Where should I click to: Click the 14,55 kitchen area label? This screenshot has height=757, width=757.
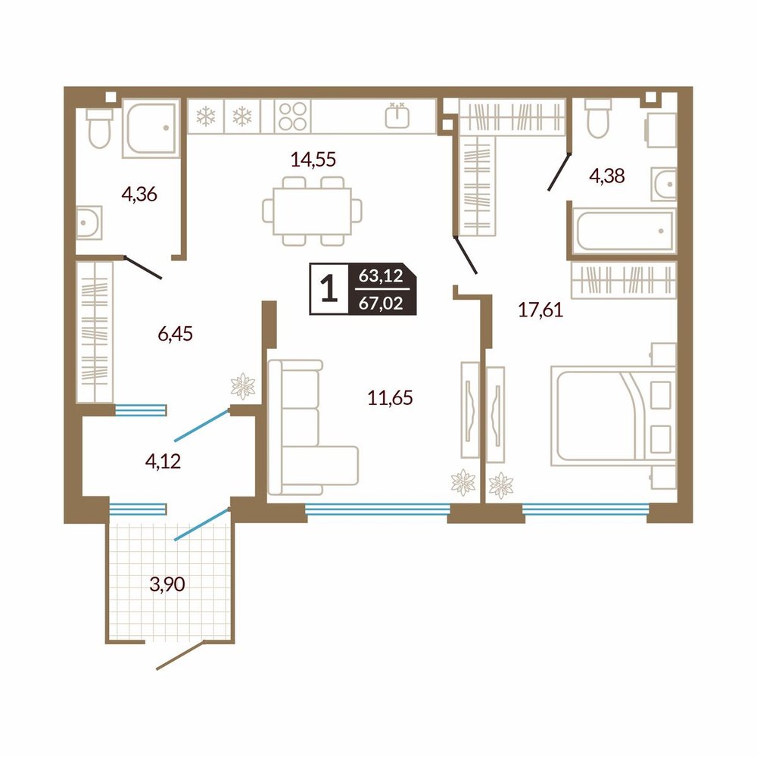point(313,159)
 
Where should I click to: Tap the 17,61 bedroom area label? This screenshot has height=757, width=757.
point(540,310)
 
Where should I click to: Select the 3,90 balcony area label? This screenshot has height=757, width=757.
point(167,584)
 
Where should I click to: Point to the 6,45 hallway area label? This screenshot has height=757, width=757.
point(176,334)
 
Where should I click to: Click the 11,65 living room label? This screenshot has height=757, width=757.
point(390,398)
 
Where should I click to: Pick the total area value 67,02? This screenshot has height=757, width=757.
point(381,304)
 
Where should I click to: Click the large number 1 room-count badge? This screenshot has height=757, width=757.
point(329,288)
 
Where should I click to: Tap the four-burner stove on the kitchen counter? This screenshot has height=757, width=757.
point(292,117)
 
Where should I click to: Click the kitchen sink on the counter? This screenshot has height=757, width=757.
point(397,116)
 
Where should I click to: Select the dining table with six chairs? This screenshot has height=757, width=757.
point(313,211)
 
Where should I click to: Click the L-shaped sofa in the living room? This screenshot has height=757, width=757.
point(313,427)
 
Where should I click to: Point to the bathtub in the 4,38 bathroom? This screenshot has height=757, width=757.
point(625,231)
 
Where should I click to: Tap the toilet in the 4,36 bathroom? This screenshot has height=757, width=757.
point(100,128)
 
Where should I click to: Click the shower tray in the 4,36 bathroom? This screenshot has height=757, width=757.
point(151,128)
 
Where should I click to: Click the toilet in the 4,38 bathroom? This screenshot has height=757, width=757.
point(598,118)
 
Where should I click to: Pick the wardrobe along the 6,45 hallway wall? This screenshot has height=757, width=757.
point(95,332)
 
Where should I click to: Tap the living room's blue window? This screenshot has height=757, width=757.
point(378,509)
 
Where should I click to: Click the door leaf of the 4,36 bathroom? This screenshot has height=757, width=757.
point(143,267)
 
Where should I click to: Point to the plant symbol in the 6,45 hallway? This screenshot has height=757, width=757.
point(243,386)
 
